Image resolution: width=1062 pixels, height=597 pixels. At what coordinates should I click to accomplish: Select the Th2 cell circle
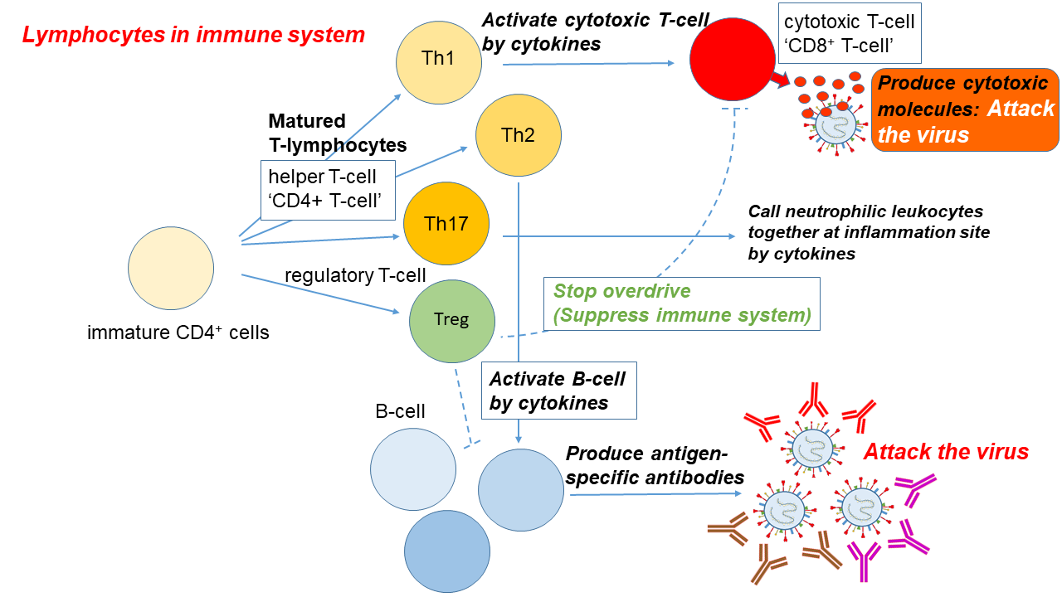point(518,135)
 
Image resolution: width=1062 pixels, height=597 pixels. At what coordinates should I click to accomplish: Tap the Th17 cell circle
point(446,224)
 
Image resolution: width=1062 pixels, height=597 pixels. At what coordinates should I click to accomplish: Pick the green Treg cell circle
point(452,320)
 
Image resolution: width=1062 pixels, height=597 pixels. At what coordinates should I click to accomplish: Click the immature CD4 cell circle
point(171,269)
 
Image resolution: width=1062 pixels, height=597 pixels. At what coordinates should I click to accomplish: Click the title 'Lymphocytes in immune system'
point(193,35)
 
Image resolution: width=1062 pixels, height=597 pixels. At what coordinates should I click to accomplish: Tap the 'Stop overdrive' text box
point(681,303)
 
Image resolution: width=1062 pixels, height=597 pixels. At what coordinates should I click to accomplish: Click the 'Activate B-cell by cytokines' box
point(558,391)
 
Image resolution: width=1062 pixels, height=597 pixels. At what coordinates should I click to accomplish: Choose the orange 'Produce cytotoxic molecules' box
point(965,109)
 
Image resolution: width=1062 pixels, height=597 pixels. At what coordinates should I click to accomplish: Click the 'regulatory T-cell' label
point(355,275)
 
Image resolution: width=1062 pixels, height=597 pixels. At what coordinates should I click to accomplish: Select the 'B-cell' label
point(400,411)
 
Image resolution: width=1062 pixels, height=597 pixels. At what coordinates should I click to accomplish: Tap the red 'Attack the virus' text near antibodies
point(946,452)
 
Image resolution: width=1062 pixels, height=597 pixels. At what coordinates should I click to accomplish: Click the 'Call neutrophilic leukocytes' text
point(869,232)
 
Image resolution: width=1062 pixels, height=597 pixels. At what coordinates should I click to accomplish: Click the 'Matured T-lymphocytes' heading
point(338,133)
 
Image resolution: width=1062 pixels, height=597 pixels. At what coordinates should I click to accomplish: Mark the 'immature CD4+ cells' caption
point(178,333)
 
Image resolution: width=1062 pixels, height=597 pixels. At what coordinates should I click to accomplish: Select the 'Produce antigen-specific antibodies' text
point(655,465)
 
